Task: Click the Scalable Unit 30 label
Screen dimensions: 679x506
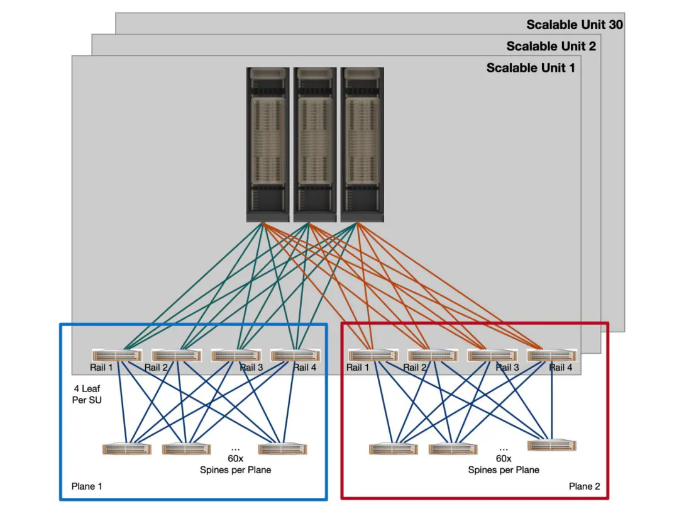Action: point(575,25)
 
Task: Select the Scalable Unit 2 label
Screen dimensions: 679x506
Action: point(551,47)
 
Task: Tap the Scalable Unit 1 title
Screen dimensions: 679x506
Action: point(531,68)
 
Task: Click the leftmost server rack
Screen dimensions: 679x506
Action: point(268,145)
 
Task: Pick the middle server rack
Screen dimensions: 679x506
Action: point(315,145)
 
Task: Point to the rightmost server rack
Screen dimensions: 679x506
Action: point(362,145)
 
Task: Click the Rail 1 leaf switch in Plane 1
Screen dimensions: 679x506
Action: point(117,356)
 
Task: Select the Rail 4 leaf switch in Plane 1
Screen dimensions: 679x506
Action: point(295,356)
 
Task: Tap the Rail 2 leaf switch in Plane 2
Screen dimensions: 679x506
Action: point(433,356)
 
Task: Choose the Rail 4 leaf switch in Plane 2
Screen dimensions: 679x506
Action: point(552,356)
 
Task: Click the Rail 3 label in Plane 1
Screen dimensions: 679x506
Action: point(251,368)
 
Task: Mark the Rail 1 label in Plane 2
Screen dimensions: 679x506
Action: point(358,368)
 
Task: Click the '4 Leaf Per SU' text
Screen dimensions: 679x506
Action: point(87,394)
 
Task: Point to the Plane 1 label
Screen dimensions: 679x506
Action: point(87,486)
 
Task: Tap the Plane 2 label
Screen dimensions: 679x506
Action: point(585,486)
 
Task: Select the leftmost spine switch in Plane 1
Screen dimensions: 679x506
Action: point(127,449)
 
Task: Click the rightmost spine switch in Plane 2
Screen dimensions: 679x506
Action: point(552,446)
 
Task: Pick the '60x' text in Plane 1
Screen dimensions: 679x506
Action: point(236,458)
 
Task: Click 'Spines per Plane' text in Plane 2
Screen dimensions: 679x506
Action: point(504,470)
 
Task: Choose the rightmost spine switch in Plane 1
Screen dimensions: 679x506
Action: point(283,449)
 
